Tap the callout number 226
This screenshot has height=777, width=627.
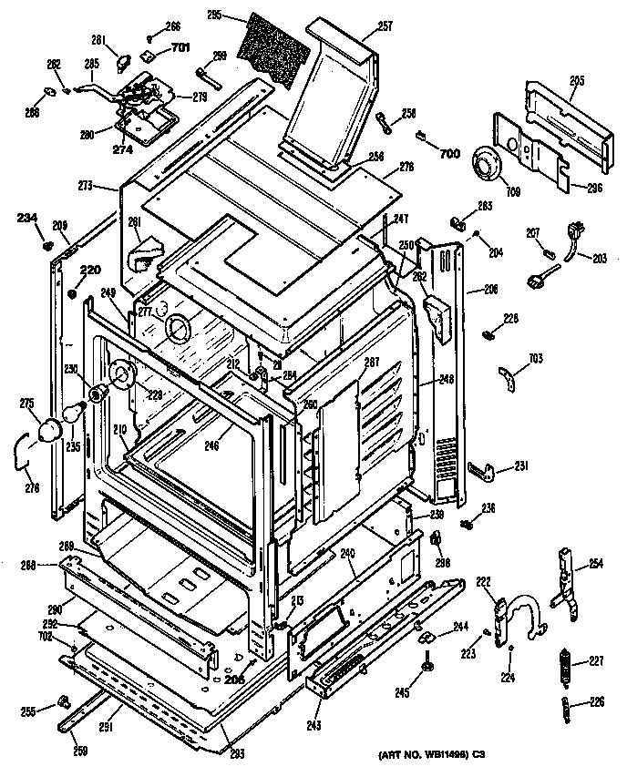coord(597,700)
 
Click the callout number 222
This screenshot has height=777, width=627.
coord(483,581)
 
